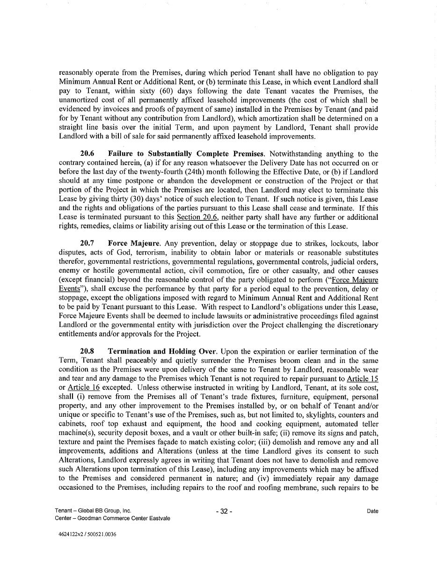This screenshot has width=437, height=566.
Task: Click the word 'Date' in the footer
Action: click(x=372, y=511)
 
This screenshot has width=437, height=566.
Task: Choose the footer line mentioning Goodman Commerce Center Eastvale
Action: click(x=112, y=518)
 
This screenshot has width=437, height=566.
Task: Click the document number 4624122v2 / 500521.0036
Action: click(x=85, y=534)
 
